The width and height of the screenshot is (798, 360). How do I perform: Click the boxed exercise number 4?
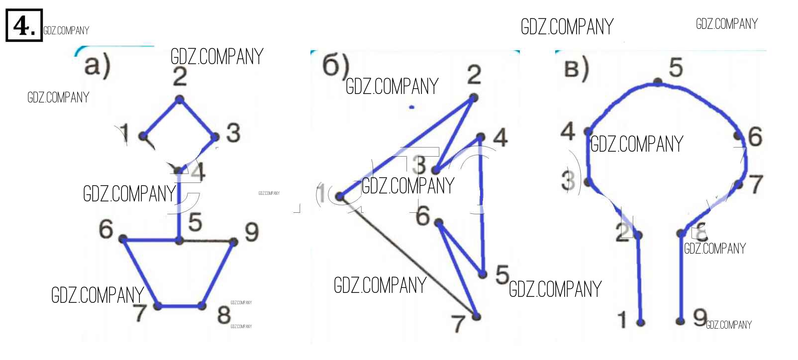point(23,25)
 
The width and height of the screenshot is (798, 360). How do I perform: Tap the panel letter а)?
point(97,66)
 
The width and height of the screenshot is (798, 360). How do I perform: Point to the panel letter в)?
point(577,69)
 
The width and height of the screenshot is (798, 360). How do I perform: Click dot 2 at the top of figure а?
point(180,100)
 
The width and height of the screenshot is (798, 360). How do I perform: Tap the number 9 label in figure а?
point(251,232)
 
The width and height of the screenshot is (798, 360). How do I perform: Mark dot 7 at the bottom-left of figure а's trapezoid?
point(158,306)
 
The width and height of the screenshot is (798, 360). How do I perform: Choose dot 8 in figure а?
point(202,305)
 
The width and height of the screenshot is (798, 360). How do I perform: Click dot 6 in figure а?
point(123,239)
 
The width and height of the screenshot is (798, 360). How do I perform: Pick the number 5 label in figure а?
point(195,222)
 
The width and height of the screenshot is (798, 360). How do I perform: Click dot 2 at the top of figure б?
point(473,97)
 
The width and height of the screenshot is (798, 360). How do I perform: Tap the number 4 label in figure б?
point(500,138)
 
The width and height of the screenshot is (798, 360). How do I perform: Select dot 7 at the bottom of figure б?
point(476,316)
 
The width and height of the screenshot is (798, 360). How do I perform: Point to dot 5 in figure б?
point(482,274)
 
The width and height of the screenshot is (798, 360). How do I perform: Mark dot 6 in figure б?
point(438,222)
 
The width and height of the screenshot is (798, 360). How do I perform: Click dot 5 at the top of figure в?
point(658,82)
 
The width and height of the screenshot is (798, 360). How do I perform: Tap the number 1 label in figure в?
point(622,320)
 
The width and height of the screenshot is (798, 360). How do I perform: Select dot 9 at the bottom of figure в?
point(681,321)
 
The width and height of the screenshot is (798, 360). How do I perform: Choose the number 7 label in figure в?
point(756,184)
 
